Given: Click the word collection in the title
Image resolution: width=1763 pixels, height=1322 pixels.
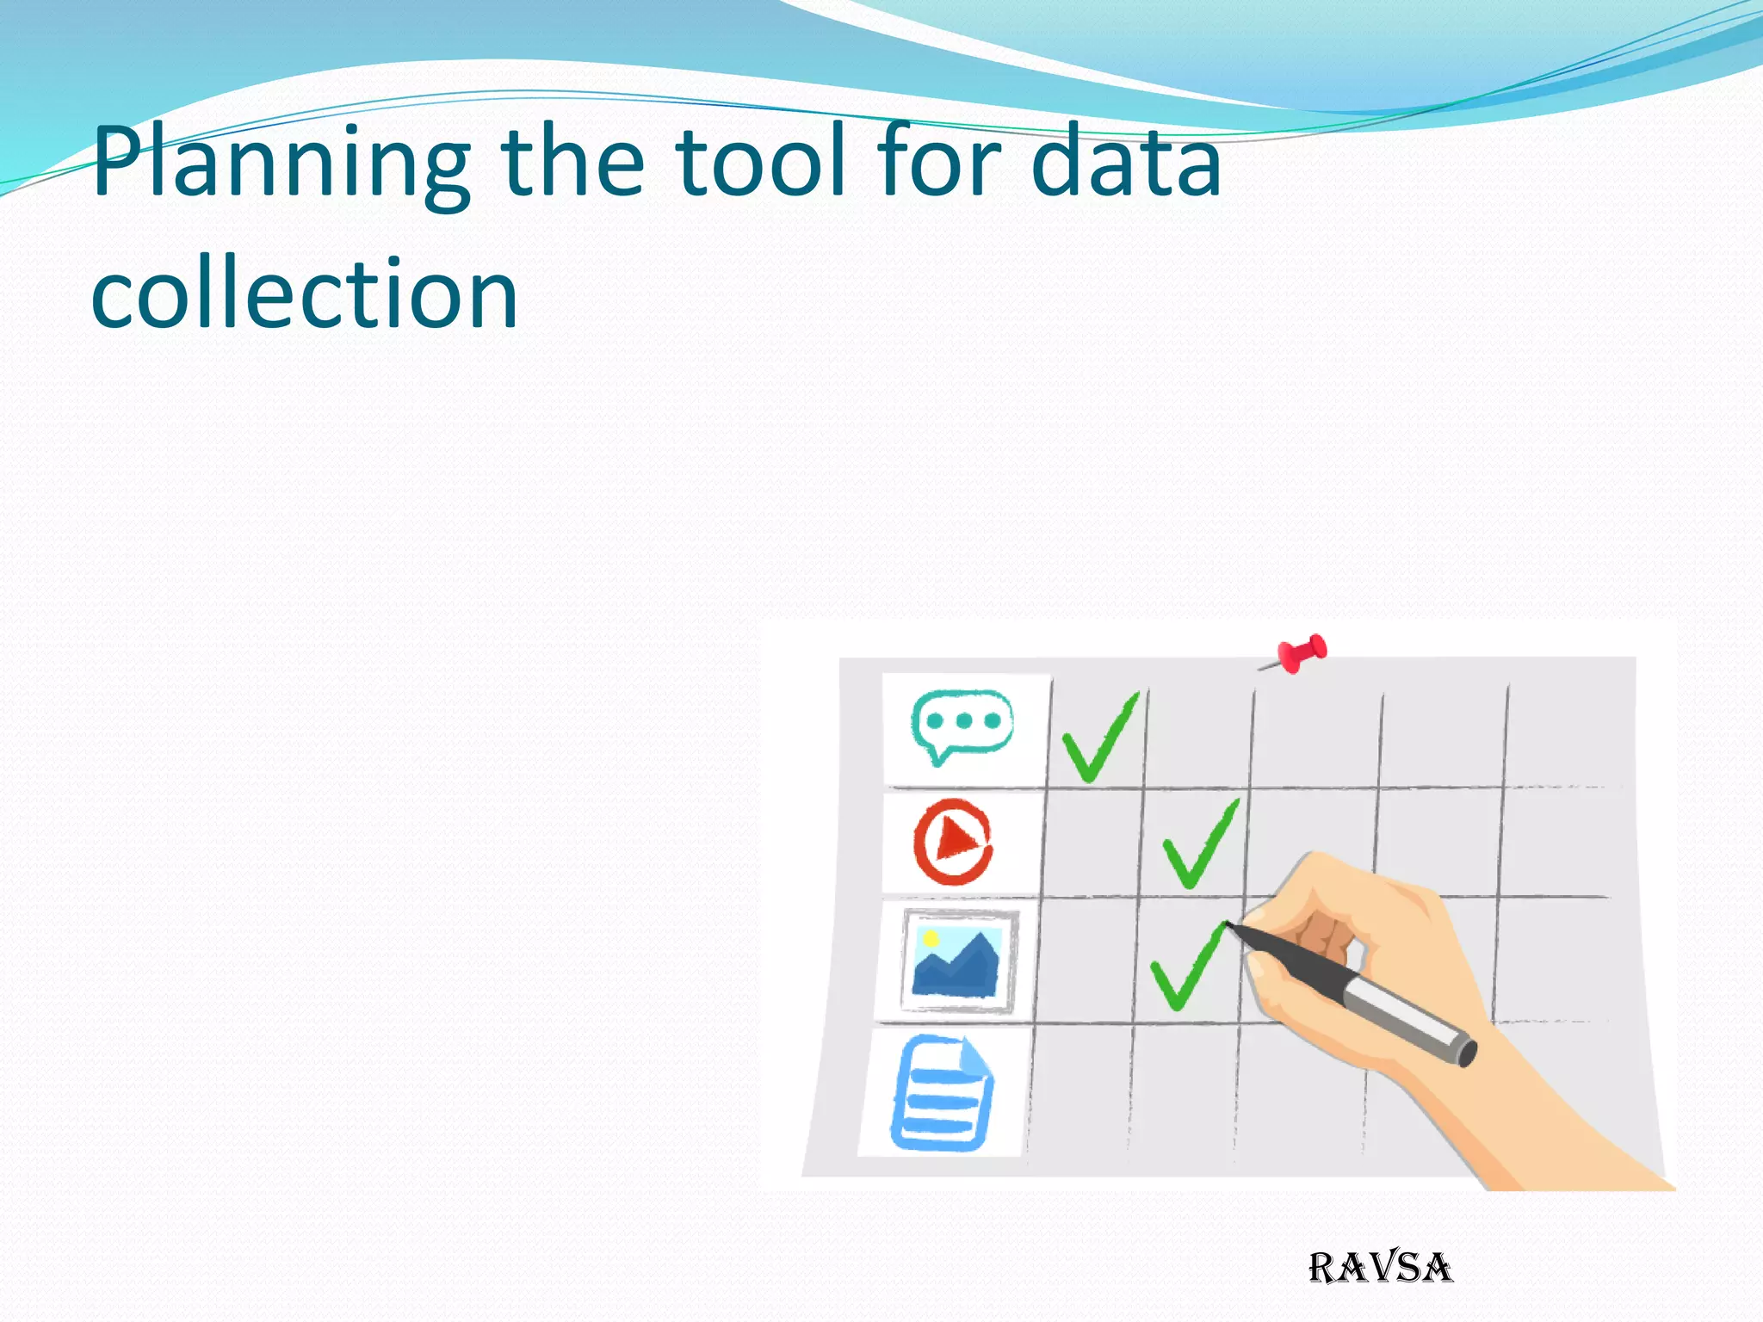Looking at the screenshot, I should pyautogui.click(x=305, y=294).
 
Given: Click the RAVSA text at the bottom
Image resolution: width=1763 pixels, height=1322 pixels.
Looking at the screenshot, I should pyautogui.click(x=1380, y=1268).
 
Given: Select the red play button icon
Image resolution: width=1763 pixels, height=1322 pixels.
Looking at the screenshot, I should pyautogui.click(x=953, y=842).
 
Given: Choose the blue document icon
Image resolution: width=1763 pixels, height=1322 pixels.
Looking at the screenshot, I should pyautogui.click(x=941, y=1094).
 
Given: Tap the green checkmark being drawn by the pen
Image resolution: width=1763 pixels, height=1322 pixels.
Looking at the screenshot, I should pyautogui.click(x=1185, y=968).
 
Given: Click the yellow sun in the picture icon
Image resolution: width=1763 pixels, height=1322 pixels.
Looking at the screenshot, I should pyautogui.click(x=931, y=938).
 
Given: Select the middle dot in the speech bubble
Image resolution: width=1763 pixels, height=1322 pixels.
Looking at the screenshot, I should pyautogui.click(x=964, y=720).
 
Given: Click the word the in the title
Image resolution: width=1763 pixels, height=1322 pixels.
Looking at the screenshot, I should pyautogui.click(x=572, y=162).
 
